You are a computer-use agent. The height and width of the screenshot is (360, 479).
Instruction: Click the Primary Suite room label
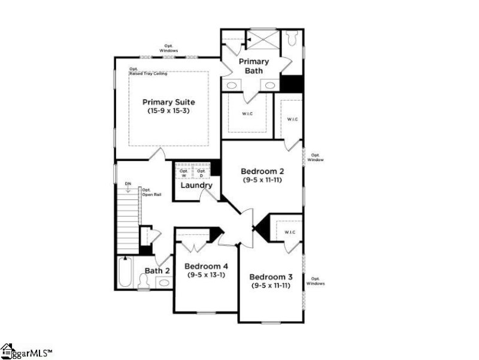(x=168, y=102)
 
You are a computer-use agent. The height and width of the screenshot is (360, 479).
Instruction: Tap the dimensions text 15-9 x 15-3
(x=168, y=111)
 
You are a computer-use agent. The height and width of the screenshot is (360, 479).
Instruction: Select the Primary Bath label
(x=254, y=66)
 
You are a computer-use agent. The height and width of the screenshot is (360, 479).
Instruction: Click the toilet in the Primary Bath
(x=292, y=38)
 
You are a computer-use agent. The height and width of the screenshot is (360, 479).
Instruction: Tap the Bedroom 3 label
(x=271, y=277)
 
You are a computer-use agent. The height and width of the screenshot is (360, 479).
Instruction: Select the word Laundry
(x=196, y=186)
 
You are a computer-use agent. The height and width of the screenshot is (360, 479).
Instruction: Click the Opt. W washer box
(x=184, y=173)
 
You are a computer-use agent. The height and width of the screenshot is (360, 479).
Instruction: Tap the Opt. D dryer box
(x=201, y=173)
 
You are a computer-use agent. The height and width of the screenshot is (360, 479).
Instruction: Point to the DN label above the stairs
(x=128, y=184)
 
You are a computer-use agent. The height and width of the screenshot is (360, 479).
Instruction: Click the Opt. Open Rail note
(x=150, y=192)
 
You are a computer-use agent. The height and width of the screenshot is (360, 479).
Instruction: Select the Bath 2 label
(x=157, y=271)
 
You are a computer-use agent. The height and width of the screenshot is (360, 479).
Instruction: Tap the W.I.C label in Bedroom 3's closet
(x=290, y=232)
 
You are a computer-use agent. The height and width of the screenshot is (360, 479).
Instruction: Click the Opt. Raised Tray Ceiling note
(x=148, y=71)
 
